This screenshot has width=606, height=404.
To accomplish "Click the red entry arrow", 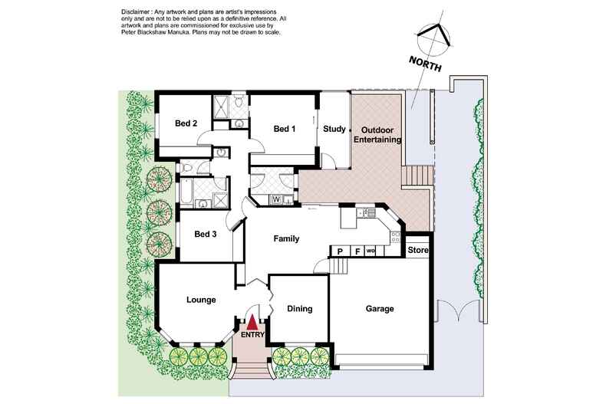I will click(252, 322).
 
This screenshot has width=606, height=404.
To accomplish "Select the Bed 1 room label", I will click(285, 129).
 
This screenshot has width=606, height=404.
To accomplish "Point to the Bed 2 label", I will click(186, 123).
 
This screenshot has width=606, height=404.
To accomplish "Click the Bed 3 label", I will click(205, 235).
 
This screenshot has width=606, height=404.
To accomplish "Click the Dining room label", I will click(299, 309).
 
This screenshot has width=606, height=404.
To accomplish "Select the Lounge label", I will click(200, 300).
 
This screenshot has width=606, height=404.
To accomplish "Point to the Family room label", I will click(286, 239).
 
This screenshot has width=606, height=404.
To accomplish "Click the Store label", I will click(417, 250).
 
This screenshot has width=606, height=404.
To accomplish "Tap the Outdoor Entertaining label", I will click(377, 136).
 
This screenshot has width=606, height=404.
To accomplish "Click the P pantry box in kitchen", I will click(338, 251).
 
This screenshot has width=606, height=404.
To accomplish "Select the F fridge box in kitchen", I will click(356, 251).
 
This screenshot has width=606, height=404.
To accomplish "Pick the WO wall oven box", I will click(371, 251).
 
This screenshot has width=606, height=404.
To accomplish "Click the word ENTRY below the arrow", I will click(252, 335).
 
